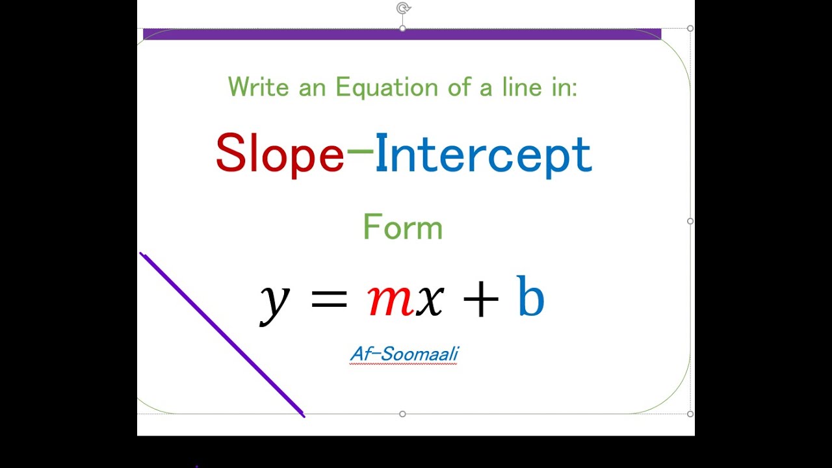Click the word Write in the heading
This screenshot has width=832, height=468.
[258, 87]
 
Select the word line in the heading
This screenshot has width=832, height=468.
[519, 87]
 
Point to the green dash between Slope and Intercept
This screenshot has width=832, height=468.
[360, 151]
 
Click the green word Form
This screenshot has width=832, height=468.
[402, 227]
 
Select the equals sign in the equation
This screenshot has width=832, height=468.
[329, 299]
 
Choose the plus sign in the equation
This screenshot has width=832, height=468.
[480, 300]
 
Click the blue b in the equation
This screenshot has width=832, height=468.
[530, 296]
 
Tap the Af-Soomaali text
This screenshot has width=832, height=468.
[404, 354]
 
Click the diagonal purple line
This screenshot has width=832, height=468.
[222, 334]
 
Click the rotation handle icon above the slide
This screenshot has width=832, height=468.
[403, 8]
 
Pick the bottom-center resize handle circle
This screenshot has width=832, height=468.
[402, 414]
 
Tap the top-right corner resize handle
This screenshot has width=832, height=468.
[690, 29]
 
